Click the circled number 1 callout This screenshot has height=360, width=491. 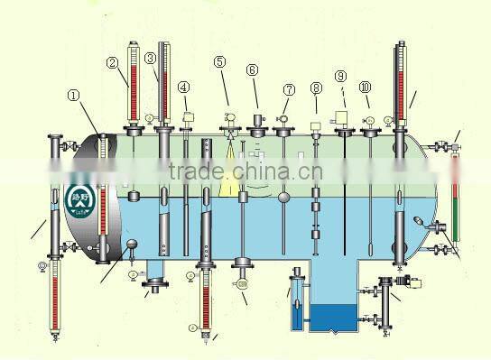tap(73, 95)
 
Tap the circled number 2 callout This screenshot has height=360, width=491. tap(112, 63)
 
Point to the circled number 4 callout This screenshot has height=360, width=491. tap(184, 88)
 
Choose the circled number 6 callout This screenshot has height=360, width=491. tap(252, 69)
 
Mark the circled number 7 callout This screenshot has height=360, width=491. tap(289, 90)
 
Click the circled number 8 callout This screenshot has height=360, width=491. tap(315, 88)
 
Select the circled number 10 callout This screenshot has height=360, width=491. tap(365, 88)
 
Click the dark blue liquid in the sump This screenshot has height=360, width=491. tap(335, 318)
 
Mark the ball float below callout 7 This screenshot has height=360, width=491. tap(284, 197)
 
